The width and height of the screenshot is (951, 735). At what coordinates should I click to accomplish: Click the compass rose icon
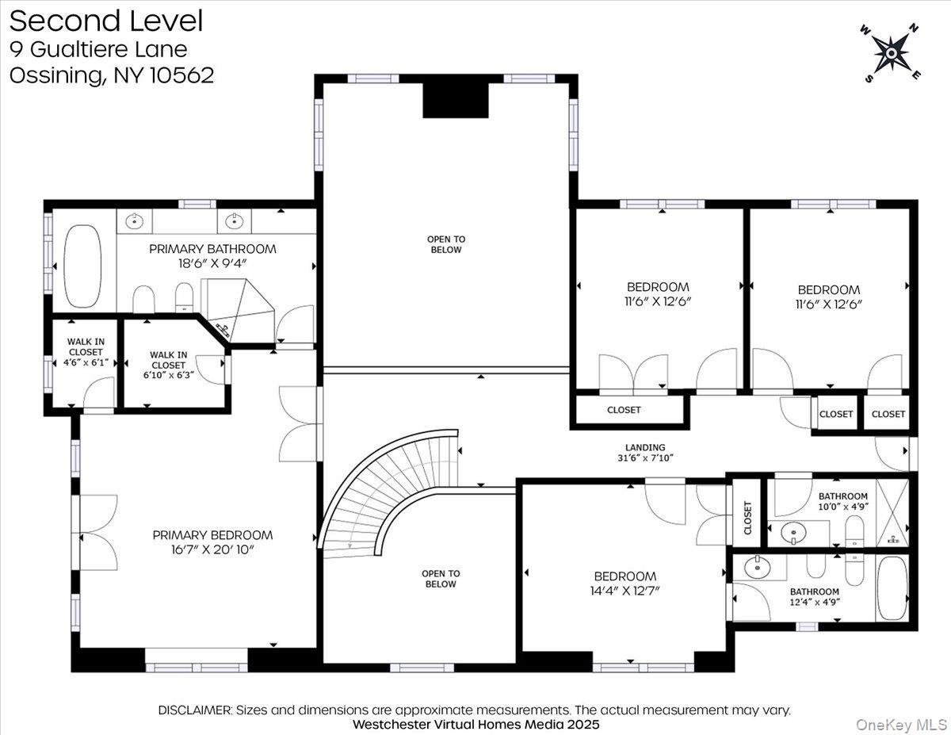click(891, 52)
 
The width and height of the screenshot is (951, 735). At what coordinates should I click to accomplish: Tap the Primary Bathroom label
click(212, 249)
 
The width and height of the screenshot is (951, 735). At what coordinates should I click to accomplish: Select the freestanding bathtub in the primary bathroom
click(82, 266)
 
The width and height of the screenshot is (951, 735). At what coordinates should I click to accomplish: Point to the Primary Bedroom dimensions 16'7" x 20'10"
click(212, 549)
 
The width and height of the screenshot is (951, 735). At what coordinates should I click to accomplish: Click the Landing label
click(645, 447)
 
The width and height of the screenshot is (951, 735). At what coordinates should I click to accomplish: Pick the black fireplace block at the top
click(455, 99)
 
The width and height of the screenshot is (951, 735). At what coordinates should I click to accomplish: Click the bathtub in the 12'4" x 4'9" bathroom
click(892, 588)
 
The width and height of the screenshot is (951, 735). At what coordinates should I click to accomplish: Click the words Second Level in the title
click(106, 21)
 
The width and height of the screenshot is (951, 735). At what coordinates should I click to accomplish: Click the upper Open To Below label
click(446, 244)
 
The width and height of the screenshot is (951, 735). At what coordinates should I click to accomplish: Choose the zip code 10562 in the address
click(181, 75)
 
